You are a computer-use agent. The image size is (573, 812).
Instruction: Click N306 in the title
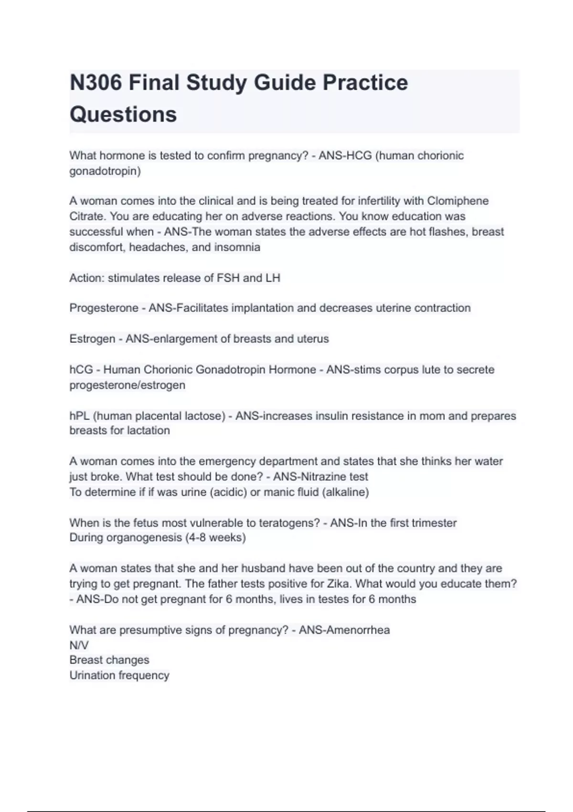(x=95, y=83)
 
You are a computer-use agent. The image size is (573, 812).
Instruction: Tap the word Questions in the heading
(x=123, y=115)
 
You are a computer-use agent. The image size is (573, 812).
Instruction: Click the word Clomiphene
(x=457, y=201)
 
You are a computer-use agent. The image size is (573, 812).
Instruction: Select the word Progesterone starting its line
(x=104, y=308)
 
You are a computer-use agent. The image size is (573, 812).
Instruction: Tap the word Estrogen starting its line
(x=92, y=339)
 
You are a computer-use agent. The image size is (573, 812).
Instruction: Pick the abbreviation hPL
(x=79, y=416)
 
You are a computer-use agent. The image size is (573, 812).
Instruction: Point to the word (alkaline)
(x=346, y=492)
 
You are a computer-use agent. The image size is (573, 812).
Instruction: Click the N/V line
(x=79, y=645)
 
